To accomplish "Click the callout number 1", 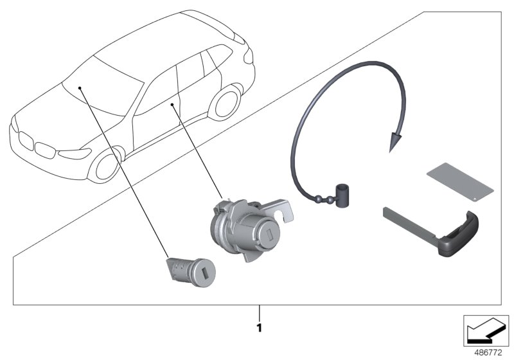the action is click(x=260, y=328).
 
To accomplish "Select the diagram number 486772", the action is click(x=488, y=353).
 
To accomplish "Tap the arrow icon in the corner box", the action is click(x=486, y=330).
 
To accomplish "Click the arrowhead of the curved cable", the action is click(x=395, y=141).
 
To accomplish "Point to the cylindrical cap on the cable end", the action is click(x=342, y=195).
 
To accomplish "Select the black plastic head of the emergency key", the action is click(x=459, y=234).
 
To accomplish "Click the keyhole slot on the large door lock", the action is click(x=270, y=235).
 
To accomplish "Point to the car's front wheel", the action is click(x=105, y=166).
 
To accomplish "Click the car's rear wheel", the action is click(x=226, y=102).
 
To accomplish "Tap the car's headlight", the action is click(x=75, y=153).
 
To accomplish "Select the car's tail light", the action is click(x=248, y=56).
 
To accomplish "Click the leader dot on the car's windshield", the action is click(x=80, y=88).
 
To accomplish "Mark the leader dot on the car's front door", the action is click(x=172, y=105).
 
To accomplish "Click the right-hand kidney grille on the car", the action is click(x=45, y=150).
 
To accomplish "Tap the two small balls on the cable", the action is click(x=324, y=199).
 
